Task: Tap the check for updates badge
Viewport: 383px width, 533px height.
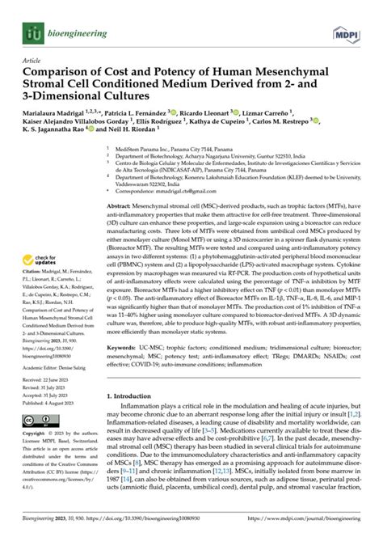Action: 43,235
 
